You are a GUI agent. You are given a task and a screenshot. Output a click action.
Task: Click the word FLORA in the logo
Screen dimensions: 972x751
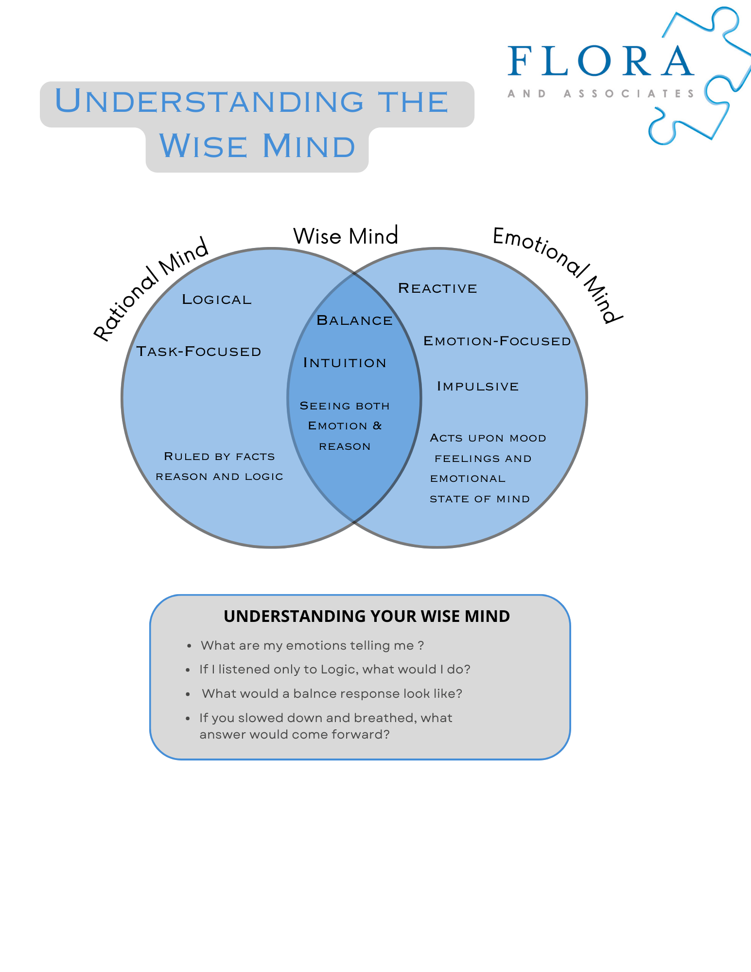pyautogui.click(x=601, y=61)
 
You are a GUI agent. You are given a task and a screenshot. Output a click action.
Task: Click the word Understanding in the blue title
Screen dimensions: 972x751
pyautogui.click(x=210, y=102)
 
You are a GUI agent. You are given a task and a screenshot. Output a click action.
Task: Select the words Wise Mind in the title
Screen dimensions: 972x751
pyautogui.click(x=257, y=146)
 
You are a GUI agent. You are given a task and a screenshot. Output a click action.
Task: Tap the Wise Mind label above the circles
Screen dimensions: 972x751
pyautogui.click(x=346, y=236)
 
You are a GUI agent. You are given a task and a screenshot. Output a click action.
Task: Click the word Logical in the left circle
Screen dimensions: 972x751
pyautogui.click(x=217, y=300)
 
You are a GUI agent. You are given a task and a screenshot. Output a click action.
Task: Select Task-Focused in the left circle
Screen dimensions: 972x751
pyautogui.click(x=199, y=352)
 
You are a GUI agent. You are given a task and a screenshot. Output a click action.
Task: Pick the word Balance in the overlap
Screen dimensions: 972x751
pyautogui.click(x=354, y=320)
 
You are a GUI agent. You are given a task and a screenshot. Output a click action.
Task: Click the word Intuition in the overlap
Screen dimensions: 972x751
pyautogui.click(x=345, y=363)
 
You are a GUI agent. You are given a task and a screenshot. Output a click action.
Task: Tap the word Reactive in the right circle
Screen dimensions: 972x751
pyautogui.click(x=437, y=288)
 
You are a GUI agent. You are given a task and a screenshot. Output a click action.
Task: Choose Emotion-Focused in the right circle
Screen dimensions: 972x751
pyautogui.click(x=497, y=341)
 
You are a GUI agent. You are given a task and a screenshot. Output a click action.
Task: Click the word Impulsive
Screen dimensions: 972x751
pyautogui.click(x=478, y=387)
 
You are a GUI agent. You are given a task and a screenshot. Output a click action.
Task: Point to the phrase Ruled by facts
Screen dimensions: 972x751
pyautogui.click(x=219, y=457)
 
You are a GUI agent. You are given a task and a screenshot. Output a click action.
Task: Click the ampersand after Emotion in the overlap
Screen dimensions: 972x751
pyautogui.click(x=377, y=426)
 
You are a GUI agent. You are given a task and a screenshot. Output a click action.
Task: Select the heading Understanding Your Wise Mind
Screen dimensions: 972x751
pyautogui.click(x=367, y=616)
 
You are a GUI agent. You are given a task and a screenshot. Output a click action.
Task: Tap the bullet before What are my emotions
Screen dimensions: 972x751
pyautogui.click(x=189, y=646)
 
